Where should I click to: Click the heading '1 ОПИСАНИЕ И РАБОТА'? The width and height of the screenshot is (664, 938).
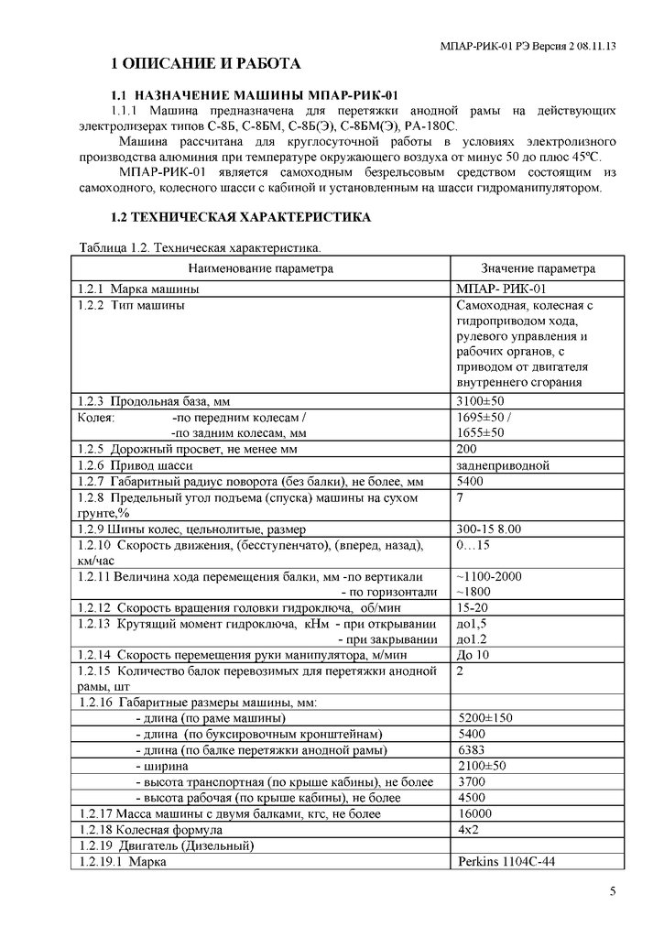point(204,64)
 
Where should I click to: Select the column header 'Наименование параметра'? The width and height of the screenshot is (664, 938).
point(262,268)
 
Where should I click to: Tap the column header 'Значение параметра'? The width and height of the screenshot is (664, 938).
point(539,268)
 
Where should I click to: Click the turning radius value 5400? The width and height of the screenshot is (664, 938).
point(471,482)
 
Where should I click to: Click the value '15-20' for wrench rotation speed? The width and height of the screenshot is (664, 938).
point(472,608)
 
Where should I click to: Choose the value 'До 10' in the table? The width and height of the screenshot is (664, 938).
point(473,655)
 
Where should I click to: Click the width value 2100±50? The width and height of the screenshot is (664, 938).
point(481,766)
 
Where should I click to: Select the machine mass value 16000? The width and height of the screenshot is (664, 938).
point(474,813)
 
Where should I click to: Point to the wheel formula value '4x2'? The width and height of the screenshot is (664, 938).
point(467,830)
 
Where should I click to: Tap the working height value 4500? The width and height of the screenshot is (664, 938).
point(471,798)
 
